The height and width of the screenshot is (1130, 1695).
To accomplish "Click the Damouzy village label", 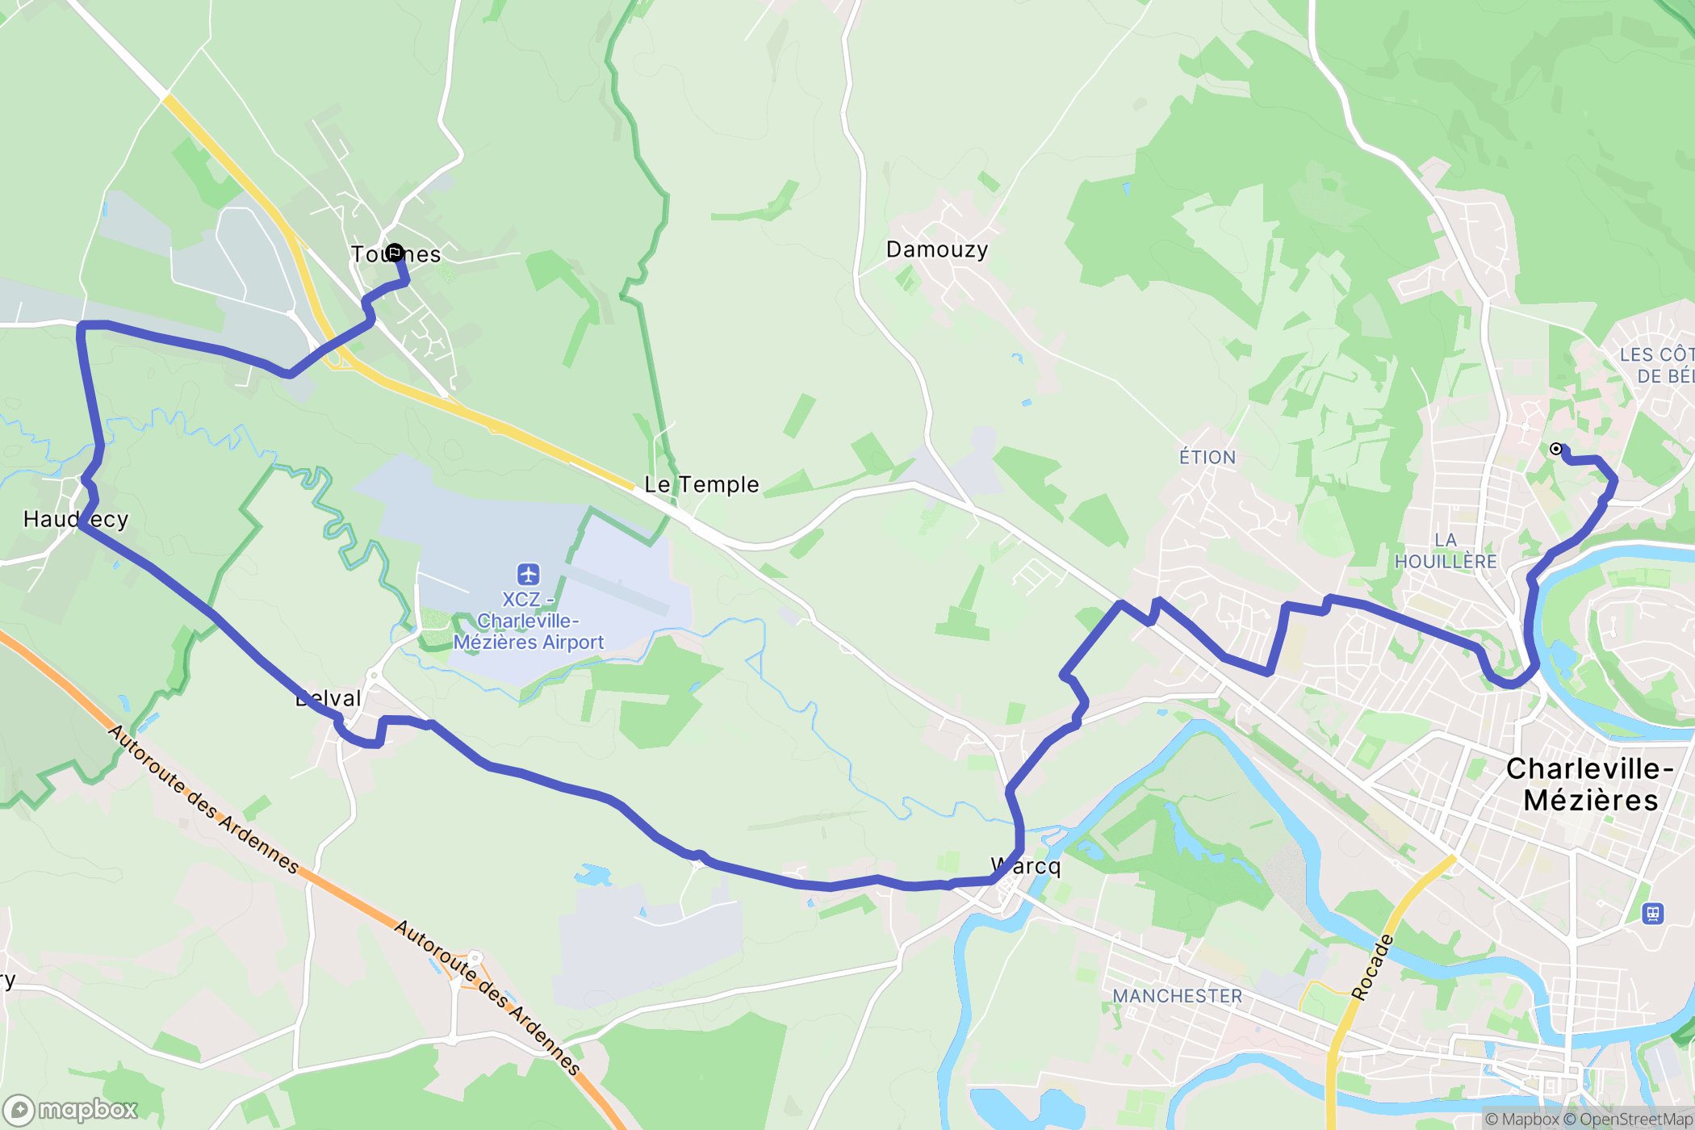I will [936, 249].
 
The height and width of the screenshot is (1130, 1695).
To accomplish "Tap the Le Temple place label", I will [701, 484].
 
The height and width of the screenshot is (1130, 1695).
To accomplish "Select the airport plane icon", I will [529, 574].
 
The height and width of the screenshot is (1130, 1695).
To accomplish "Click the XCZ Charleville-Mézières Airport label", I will [528, 621].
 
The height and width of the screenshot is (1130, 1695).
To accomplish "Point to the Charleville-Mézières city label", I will [1589, 784].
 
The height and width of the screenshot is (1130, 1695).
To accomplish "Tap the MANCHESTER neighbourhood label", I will [1177, 996].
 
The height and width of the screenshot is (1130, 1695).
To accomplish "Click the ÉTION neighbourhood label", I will [1207, 458].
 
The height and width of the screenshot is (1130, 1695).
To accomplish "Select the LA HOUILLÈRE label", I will [1446, 551].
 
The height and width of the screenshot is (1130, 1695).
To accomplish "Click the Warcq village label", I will [1026, 867].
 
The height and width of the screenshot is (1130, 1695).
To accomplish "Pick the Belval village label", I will [329, 699].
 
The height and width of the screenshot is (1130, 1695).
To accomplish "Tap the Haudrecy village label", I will [76, 519].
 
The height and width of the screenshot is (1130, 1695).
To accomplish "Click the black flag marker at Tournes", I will [394, 253].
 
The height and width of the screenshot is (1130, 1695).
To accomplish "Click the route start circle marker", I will [1556, 450].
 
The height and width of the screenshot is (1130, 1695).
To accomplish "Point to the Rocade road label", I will [1372, 967].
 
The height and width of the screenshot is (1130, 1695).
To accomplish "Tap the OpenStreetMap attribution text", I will [1634, 1119].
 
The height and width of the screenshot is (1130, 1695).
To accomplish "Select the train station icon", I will [1653, 914].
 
